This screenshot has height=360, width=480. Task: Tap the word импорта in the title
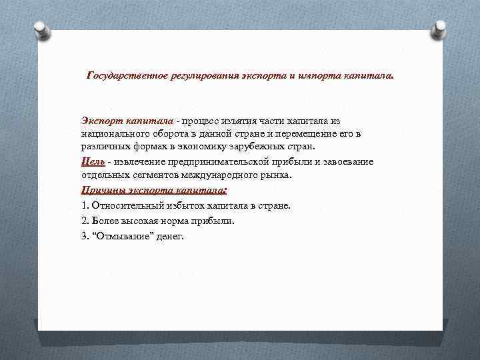(316, 77)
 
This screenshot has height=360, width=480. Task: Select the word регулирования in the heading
(197, 77)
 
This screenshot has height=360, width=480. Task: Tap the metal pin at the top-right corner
(440, 28)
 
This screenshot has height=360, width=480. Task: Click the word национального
(113, 134)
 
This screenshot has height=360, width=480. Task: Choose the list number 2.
(84, 221)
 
